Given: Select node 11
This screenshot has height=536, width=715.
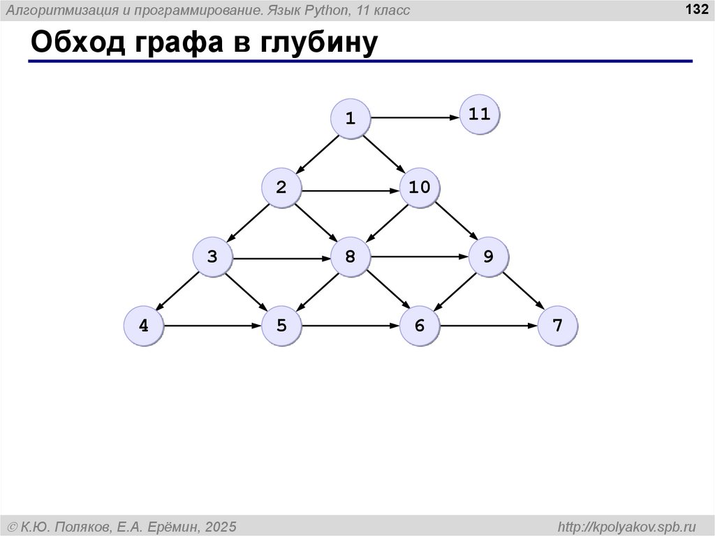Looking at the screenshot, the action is click(480, 114).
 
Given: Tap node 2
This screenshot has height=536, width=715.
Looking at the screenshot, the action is click(281, 187).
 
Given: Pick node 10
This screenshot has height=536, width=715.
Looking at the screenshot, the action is click(420, 187).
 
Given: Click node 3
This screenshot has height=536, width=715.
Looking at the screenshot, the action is click(212, 257).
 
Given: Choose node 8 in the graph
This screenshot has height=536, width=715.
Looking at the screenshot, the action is click(350, 257).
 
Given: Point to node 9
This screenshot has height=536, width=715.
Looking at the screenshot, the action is click(487, 257).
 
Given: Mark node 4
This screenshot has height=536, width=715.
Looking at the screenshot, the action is click(144, 326).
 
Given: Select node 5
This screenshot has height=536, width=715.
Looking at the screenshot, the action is click(281, 326).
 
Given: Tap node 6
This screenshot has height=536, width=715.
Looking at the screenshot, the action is click(420, 326).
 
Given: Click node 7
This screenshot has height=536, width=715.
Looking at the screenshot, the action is click(557, 326).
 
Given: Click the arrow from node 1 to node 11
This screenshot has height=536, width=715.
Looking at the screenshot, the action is click(415, 118).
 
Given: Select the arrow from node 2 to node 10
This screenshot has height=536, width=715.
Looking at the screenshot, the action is click(351, 189).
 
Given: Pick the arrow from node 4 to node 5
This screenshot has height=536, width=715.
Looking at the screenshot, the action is click(212, 326).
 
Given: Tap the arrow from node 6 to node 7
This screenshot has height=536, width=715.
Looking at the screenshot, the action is click(489, 326).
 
